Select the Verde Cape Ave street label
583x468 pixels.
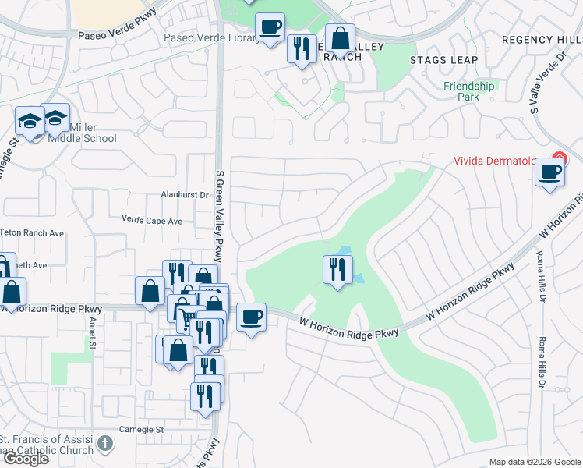click(x=152, y=221)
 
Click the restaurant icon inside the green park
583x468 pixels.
click(x=337, y=270)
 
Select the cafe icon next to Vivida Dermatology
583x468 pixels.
click(x=549, y=172)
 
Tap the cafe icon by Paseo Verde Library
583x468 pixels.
click(x=270, y=28)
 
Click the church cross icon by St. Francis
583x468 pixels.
click(x=105, y=445)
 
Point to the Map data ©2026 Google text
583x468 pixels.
click(x=534, y=462)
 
